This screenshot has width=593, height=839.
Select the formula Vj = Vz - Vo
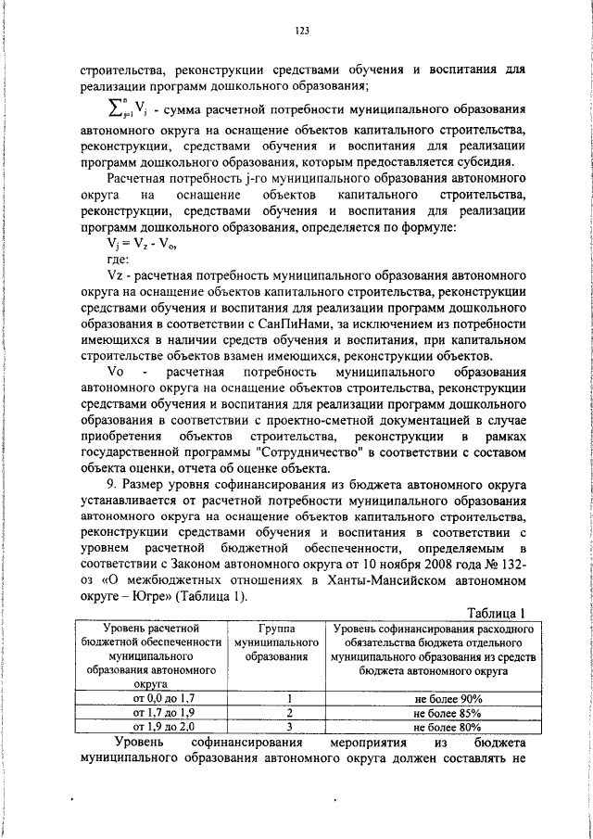tap(141, 246)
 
